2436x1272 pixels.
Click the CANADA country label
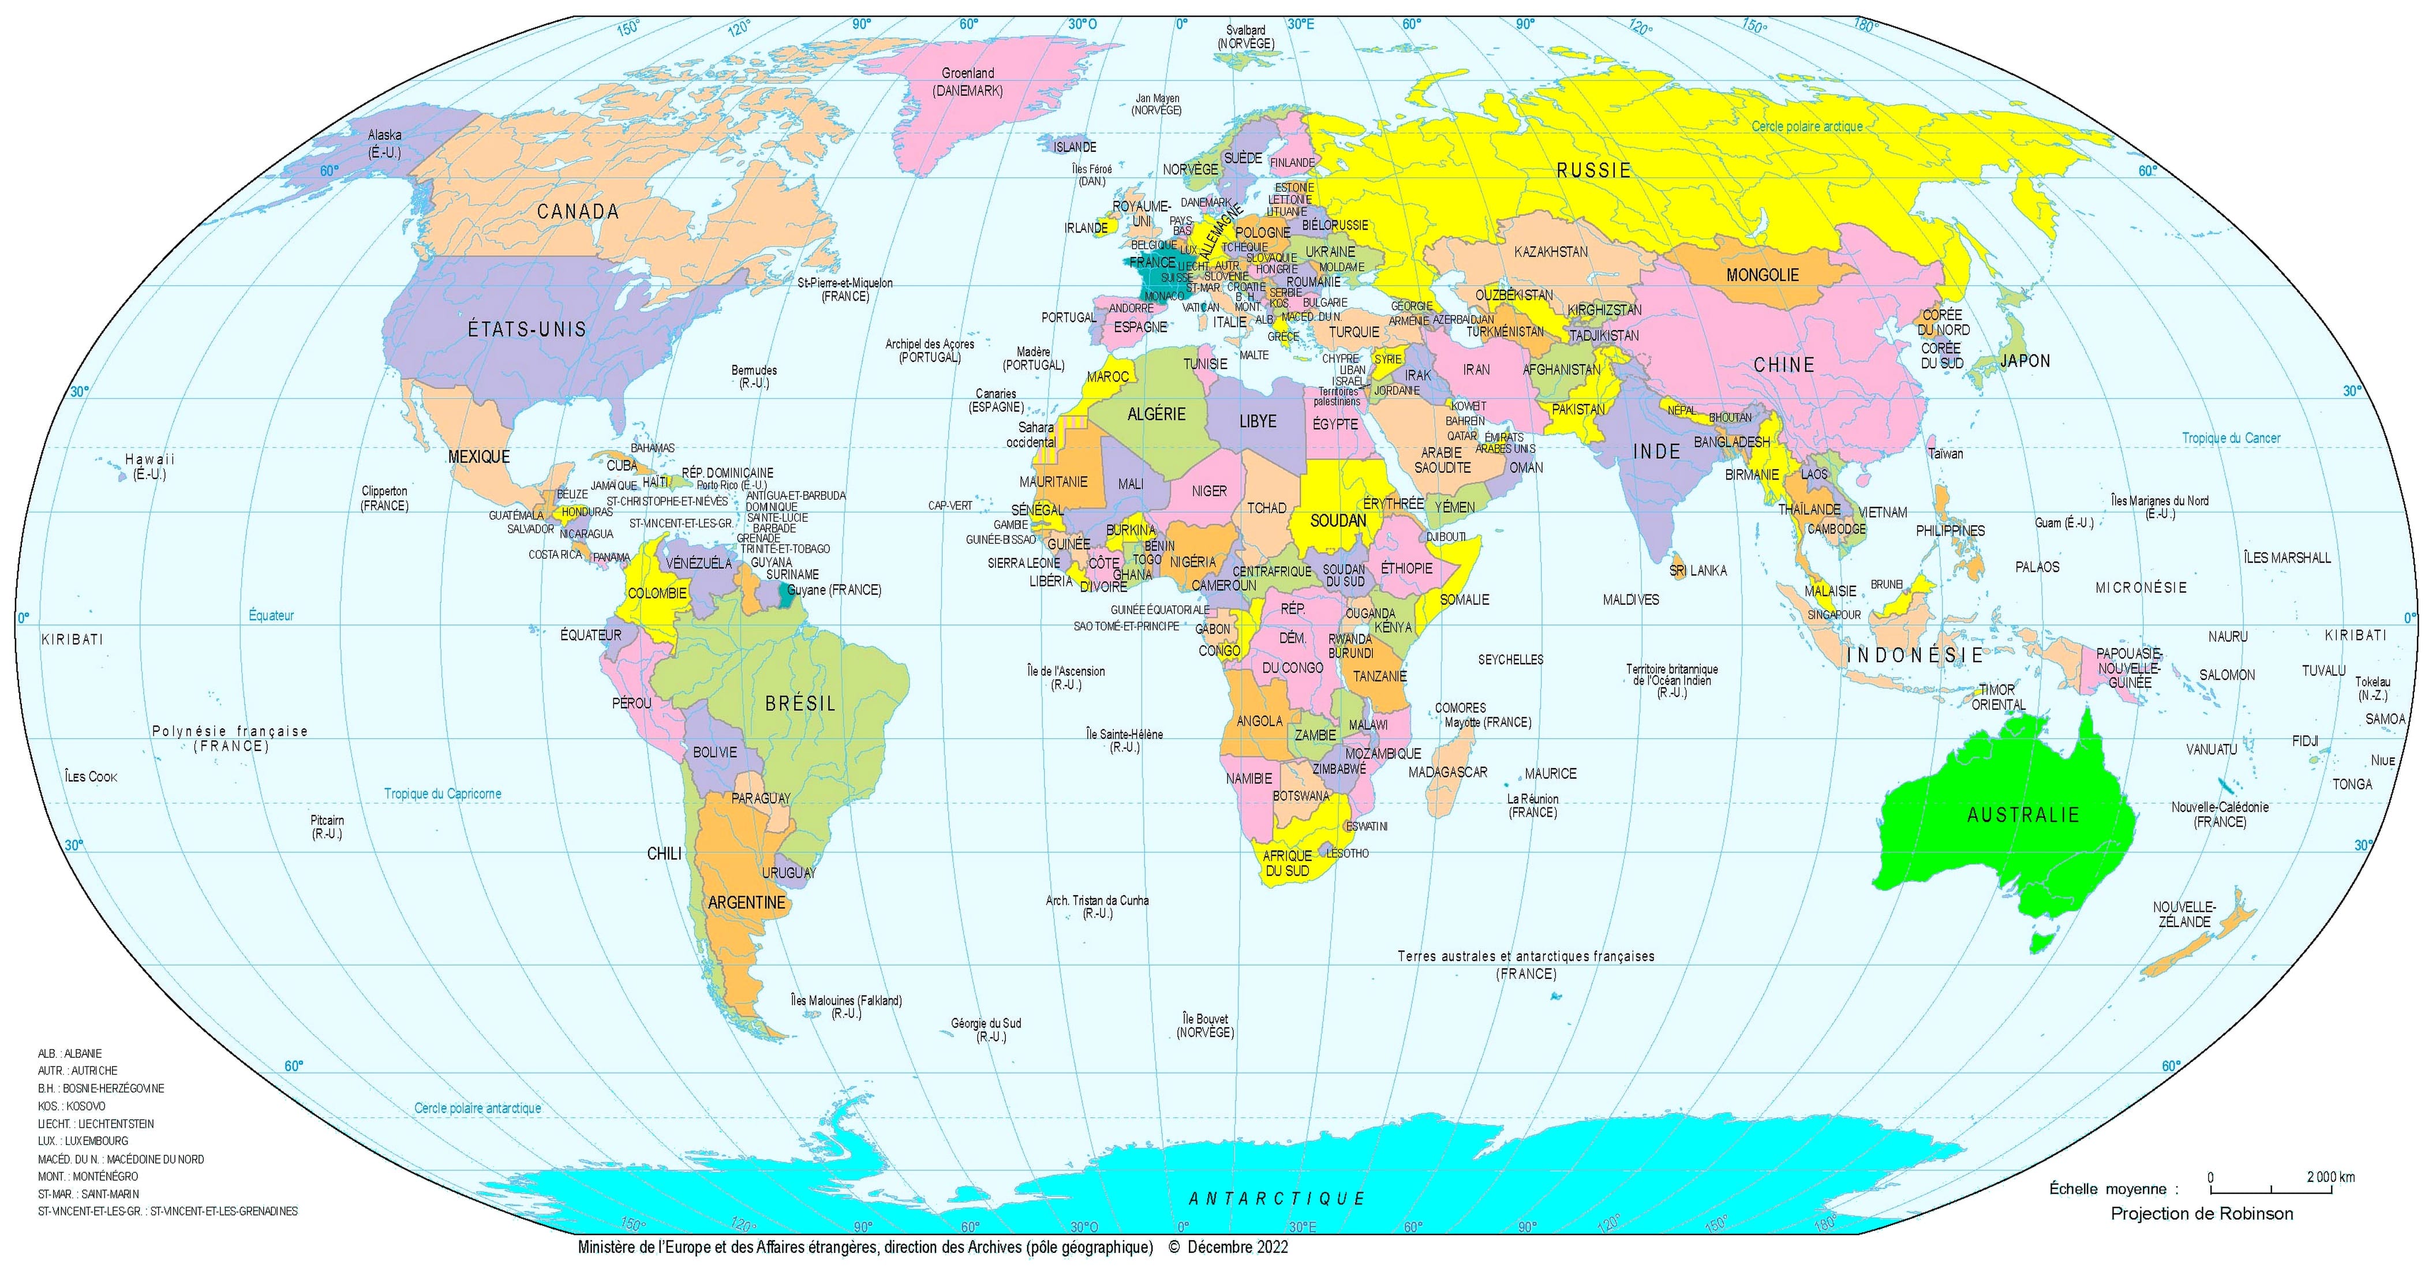click(x=578, y=212)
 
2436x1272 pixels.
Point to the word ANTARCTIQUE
click(x=1277, y=1198)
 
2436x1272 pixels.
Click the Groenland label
click(x=967, y=73)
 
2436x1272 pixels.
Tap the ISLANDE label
click(x=1075, y=148)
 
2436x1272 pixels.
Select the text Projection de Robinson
click(x=2202, y=1213)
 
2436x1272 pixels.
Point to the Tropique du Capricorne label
click(x=443, y=794)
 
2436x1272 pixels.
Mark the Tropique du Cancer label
click(x=2231, y=438)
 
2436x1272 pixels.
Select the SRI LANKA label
click(x=1697, y=570)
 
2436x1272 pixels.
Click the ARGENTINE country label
click(x=746, y=902)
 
